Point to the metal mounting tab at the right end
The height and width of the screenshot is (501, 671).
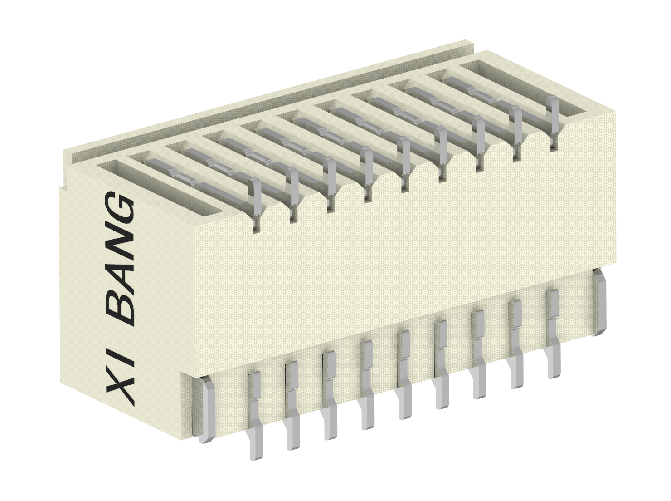click(x=599, y=302)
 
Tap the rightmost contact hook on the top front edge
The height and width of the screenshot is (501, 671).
click(x=553, y=120)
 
